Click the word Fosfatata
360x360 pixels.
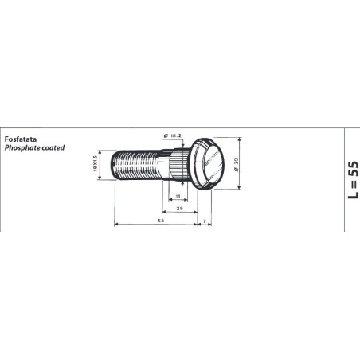pyautogui.click(x=21, y=139)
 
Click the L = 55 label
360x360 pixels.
pyautogui.click(x=353, y=180)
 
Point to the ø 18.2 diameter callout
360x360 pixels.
pyautogui.click(x=173, y=135)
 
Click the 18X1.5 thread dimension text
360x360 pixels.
pyautogui.click(x=96, y=163)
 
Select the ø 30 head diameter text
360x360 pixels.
pyautogui.click(x=237, y=165)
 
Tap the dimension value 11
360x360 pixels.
pyautogui.click(x=178, y=196)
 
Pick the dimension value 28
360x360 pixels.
pyautogui.click(x=180, y=209)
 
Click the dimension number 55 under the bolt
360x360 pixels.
pyautogui.click(x=161, y=221)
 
